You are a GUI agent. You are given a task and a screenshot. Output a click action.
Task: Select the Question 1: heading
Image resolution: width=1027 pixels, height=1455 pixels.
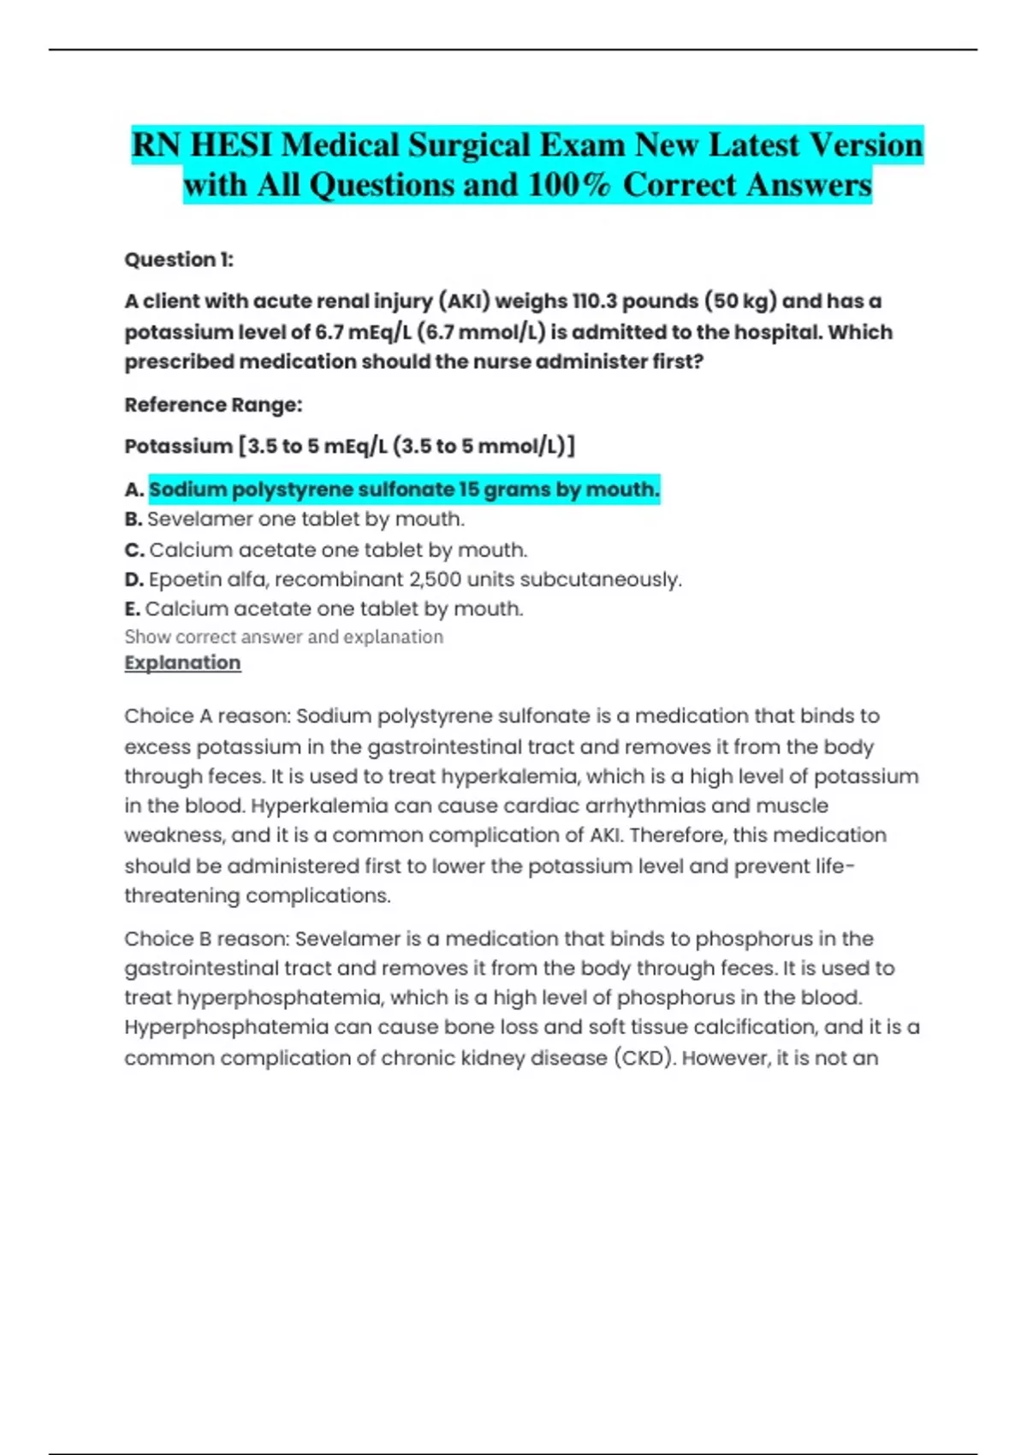click(179, 259)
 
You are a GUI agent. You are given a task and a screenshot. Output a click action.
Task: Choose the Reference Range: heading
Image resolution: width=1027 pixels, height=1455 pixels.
click(213, 405)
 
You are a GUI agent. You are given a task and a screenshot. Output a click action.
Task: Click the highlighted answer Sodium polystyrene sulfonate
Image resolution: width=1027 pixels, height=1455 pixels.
click(404, 490)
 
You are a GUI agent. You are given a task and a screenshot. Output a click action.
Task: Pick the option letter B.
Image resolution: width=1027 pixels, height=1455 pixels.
click(133, 520)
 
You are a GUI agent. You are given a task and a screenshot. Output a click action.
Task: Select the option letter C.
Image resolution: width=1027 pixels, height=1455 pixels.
click(134, 549)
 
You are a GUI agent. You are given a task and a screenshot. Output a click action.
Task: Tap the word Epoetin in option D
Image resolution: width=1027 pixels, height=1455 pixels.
click(181, 579)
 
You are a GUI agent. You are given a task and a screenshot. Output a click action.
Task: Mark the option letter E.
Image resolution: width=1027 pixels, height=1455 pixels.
click(132, 609)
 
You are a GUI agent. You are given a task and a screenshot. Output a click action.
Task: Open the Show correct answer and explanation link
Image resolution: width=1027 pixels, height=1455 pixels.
click(283, 637)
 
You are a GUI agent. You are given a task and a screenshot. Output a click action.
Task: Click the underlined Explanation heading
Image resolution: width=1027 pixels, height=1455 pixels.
click(182, 662)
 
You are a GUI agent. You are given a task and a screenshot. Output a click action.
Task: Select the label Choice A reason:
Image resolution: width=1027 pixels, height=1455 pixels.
click(207, 716)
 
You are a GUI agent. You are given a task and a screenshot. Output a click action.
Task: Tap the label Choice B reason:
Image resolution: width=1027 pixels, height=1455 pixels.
click(207, 939)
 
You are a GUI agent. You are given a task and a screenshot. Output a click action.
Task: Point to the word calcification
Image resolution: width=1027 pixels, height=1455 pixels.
click(748, 1027)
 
